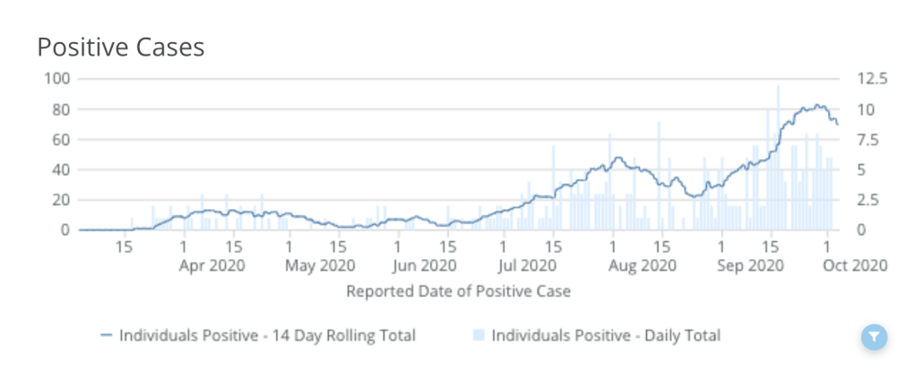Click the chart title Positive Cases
click(120, 47)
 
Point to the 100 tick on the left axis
click(56, 78)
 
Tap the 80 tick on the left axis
click(60, 109)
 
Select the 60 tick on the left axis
click(60, 140)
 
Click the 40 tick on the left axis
click(60, 170)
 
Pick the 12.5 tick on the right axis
click(871, 78)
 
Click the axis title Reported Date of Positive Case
click(457, 290)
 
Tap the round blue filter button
click(874, 337)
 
